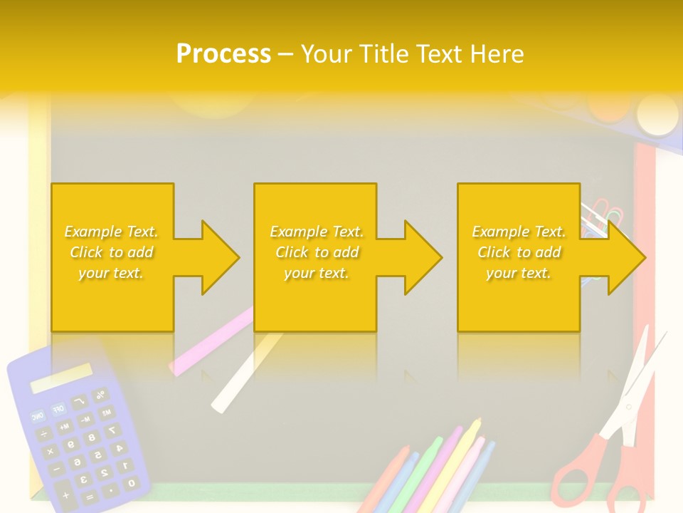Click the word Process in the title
[x=223, y=53]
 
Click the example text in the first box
[x=112, y=252]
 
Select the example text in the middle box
[x=317, y=252]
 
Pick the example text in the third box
[x=519, y=252]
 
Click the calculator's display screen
[x=61, y=378]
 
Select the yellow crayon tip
[x=475, y=425]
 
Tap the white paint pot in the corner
[x=657, y=113]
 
